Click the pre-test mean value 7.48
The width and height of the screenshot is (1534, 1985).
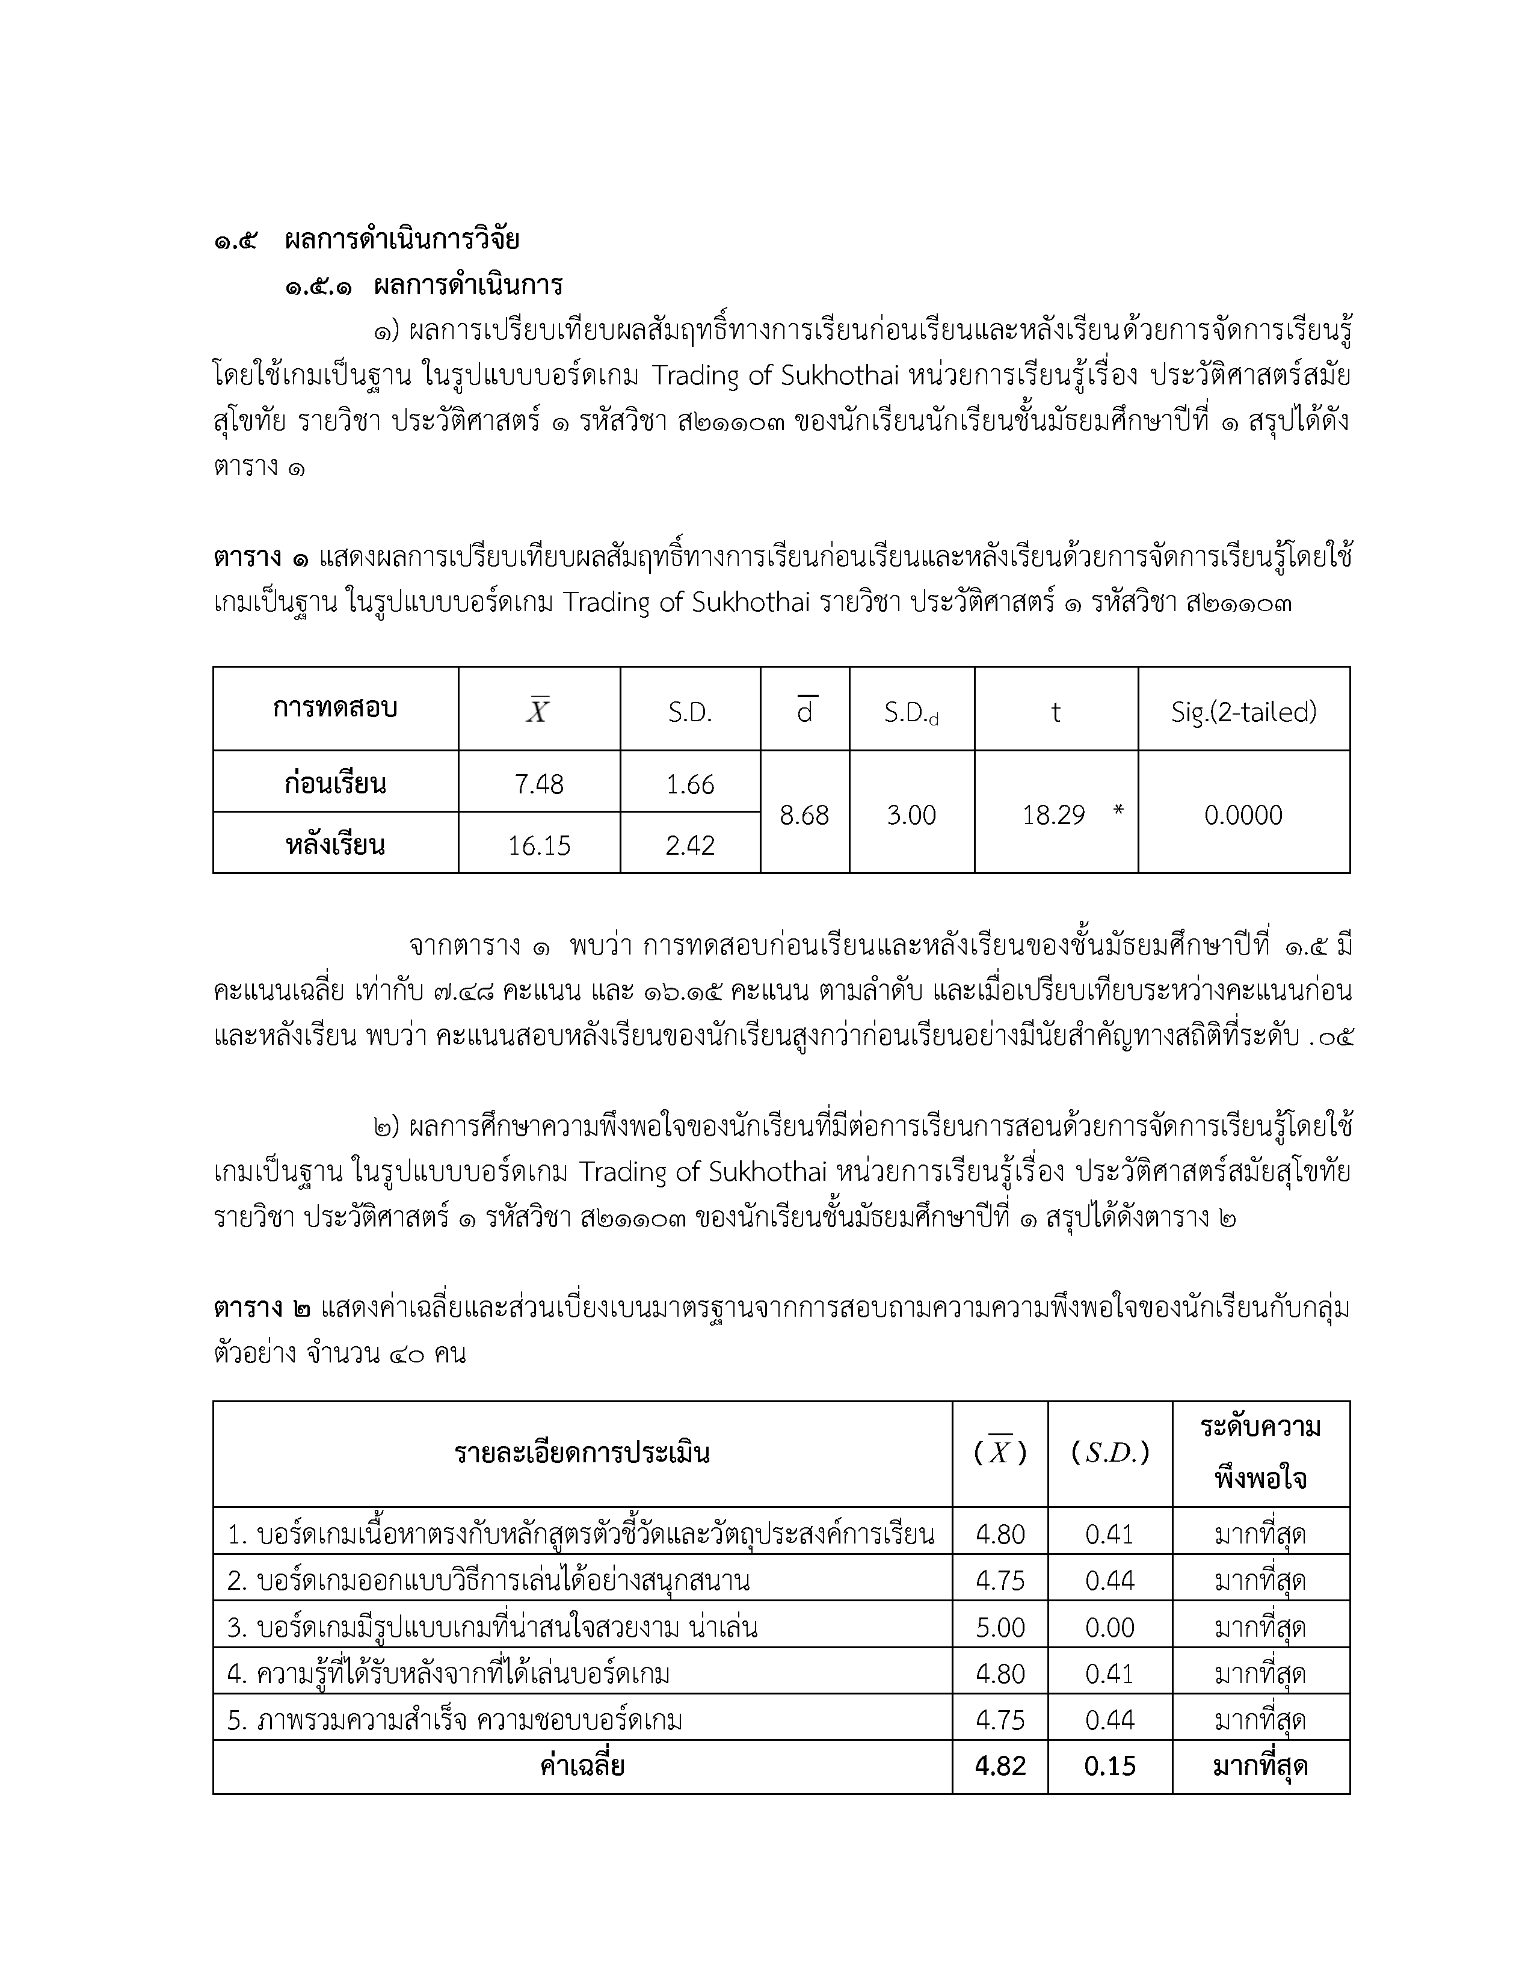[539, 784]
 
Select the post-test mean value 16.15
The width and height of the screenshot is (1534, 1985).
[539, 846]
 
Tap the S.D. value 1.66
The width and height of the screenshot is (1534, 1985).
[690, 784]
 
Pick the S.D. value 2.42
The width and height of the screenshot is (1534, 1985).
[690, 846]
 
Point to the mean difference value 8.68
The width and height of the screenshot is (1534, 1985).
[804, 815]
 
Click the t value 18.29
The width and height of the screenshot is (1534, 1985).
[1053, 815]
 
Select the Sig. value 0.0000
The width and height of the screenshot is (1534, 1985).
[1243, 815]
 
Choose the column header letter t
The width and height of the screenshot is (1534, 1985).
[1055, 713]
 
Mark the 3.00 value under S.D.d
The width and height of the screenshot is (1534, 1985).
[911, 815]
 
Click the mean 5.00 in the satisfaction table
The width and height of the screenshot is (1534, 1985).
[1000, 1627]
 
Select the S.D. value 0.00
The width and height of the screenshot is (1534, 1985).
[1110, 1627]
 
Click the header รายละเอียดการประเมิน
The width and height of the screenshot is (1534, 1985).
[582, 1453]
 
